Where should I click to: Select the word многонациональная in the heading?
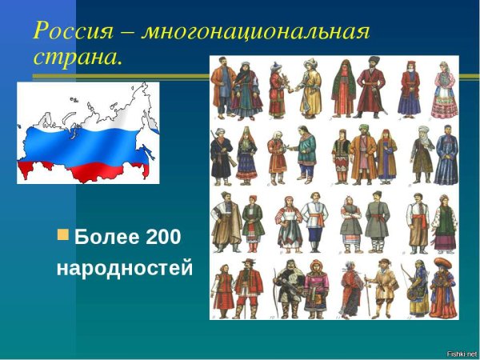(258, 33)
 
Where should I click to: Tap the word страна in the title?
(76, 58)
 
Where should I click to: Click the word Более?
(106, 238)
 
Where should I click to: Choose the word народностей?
(124, 268)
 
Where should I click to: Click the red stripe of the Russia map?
(80, 168)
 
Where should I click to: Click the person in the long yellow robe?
(310, 88)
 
